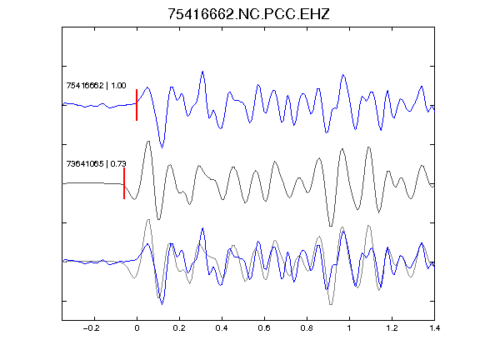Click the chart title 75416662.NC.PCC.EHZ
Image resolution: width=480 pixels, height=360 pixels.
pos(248,14)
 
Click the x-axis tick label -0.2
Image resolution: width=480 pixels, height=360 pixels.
pos(92,328)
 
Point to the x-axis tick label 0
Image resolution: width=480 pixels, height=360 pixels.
pos(137,328)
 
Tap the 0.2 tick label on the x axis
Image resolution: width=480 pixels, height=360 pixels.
pos(179,328)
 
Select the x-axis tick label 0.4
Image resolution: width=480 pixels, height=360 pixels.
pos(222,328)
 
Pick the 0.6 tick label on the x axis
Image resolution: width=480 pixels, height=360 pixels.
pos(264,328)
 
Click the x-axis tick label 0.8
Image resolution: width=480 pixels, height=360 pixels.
pos(307,328)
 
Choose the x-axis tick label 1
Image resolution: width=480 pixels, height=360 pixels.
pos(349,328)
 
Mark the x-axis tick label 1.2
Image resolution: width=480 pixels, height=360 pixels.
pos(392,328)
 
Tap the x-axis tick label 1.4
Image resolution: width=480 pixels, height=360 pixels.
pos(434,328)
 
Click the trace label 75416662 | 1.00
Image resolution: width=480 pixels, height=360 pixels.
pos(96,85)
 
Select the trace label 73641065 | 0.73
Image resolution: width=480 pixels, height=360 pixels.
pos(96,164)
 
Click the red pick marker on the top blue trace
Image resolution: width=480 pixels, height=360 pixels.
pos(137,105)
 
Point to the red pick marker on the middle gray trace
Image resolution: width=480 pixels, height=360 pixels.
pos(124,183)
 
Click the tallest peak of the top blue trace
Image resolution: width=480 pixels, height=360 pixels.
pos(202,72)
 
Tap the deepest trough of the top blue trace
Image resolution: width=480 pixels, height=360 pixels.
pos(162,147)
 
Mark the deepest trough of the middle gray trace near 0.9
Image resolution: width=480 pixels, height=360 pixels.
pos(331,226)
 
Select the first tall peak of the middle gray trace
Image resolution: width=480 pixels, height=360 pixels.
pos(148,142)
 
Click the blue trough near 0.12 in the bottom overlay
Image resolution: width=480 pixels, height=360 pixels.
pos(162,303)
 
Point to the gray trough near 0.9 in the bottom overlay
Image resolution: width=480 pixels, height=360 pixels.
pos(331,304)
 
